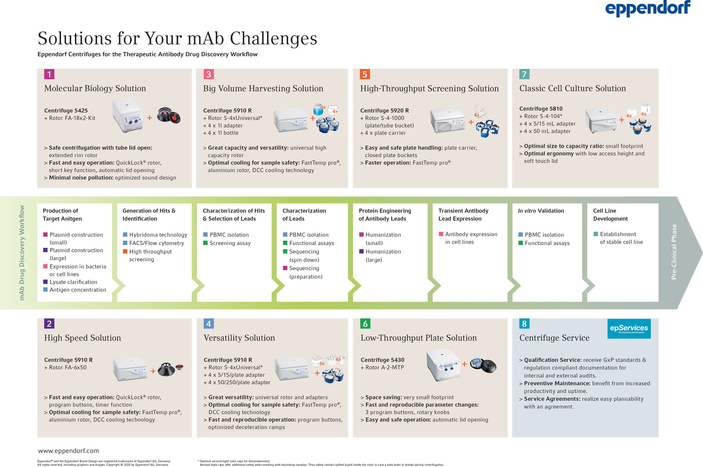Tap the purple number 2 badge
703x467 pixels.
[49, 323]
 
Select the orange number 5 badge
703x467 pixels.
[365, 74]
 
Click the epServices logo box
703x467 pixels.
[629, 329]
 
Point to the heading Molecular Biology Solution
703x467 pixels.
[95, 88]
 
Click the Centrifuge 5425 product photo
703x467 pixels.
[127, 115]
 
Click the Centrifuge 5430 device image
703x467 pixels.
[443, 365]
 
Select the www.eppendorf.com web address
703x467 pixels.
[69, 451]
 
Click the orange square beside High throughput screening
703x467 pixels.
[125, 251]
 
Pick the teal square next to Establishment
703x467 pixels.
[596, 234]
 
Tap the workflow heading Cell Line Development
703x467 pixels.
[610, 215]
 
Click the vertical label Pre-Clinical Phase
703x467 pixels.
[674, 252]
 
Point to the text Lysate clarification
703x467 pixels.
[73, 282]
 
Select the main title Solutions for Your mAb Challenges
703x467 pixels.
[177, 38]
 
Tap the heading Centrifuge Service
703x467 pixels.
[554, 338]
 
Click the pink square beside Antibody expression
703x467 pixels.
[441, 234]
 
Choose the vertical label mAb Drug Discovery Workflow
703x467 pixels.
[22, 253]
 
